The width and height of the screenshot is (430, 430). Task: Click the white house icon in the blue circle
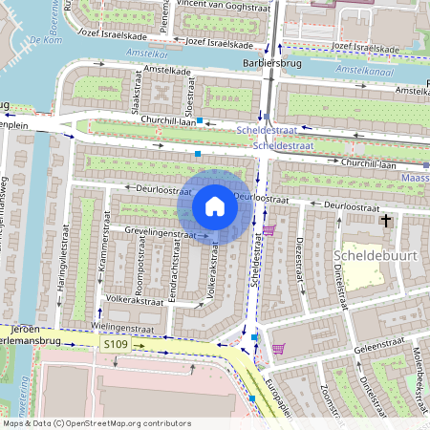click(215, 206)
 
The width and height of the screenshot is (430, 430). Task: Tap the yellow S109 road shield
click(117, 343)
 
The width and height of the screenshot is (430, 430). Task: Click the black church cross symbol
click(386, 221)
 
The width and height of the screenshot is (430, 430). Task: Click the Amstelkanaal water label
click(367, 71)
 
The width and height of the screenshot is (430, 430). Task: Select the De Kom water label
click(45, 41)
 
